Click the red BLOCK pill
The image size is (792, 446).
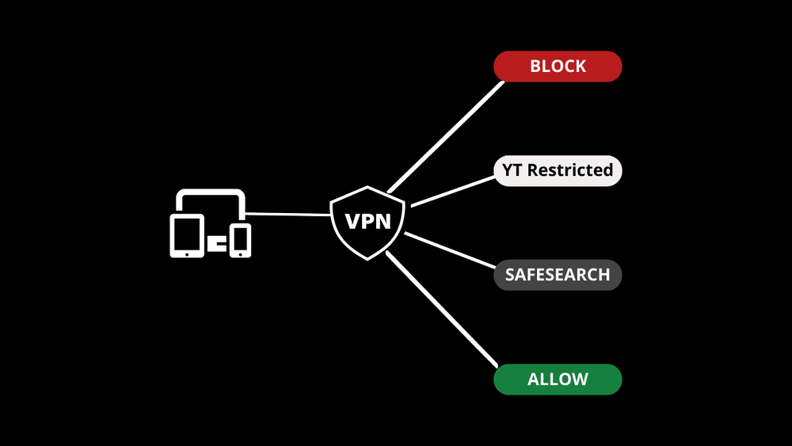pyautogui.click(x=558, y=67)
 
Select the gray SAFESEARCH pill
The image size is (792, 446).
pyautogui.click(x=558, y=275)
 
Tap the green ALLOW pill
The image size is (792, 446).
pyautogui.click(x=558, y=379)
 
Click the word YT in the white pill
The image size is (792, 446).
pyautogui.click(x=512, y=170)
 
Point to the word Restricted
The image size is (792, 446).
pyautogui.click(x=570, y=170)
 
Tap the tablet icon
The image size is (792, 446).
pyautogui.click(x=187, y=235)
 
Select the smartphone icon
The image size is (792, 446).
pyautogui.click(x=240, y=240)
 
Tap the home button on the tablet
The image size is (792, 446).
pyautogui.click(x=187, y=253)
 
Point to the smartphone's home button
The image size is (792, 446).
pyautogui.click(x=240, y=253)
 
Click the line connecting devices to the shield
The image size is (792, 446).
pyautogui.click(x=287, y=214)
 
